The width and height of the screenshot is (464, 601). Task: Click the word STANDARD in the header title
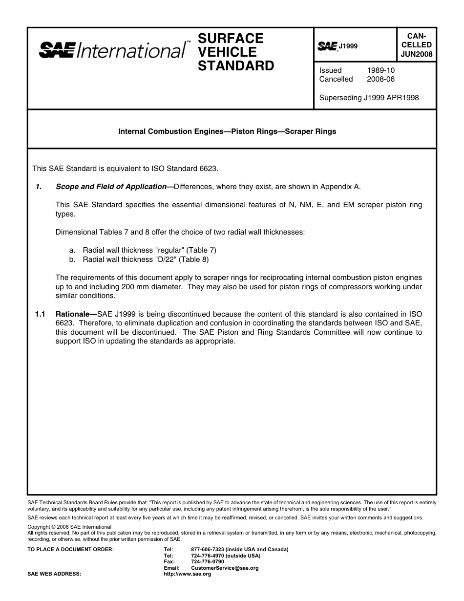(x=236, y=66)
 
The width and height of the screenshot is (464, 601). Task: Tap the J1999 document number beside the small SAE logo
(x=349, y=46)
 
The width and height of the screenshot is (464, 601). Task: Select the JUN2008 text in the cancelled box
(x=417, y=54)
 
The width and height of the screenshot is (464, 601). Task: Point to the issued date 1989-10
(x=380, y=70)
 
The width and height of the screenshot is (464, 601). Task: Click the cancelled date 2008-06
(x=380, y=79)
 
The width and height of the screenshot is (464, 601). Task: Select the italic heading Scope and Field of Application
(x=111, y=187)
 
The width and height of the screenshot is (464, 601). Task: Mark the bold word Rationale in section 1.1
(x=75, y=314)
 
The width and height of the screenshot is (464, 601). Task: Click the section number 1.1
(x=40, y=314)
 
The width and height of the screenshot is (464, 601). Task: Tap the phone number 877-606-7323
(x=208, y=550)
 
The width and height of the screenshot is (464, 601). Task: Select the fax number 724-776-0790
(x=208, y=562)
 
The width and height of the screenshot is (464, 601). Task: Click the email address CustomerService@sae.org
(x=225, y=568)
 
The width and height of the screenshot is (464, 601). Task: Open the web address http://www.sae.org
(x=188, y=574)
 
